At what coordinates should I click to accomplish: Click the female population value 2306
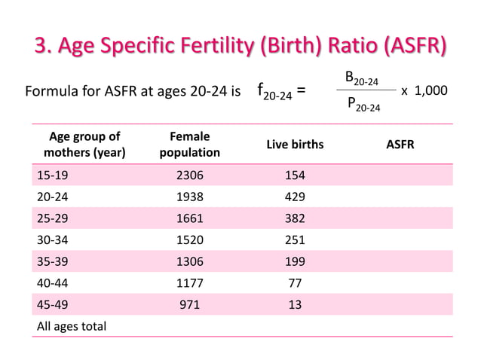click(x=189, y=175)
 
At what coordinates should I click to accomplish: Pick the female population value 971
click(x=189, y=305)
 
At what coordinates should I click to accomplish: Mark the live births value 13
click(x=295, y=305)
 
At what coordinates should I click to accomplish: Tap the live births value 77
click(x=295, y=283)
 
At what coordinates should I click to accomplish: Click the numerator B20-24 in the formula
click(x=361, y=77)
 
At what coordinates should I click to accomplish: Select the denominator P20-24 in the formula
click(x=363, y=105)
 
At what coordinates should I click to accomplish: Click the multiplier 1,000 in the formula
click(x=431, y=90)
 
